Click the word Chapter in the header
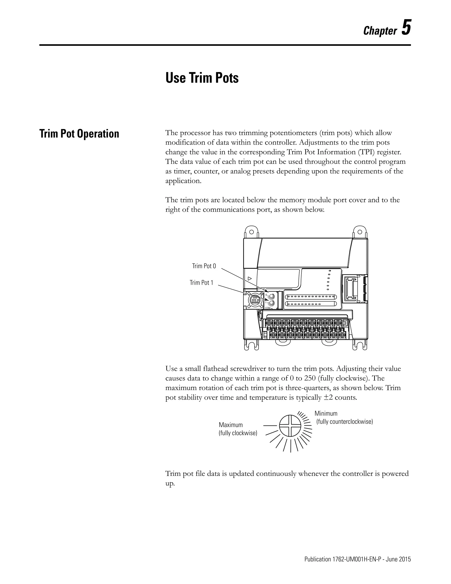point(380,31)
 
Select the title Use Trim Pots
point(202,78)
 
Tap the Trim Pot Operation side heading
point(79,134)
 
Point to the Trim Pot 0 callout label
point(204,266)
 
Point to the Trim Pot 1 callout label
point(201,283)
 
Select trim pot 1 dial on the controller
point(272,303)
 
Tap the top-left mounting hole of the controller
point(251,232)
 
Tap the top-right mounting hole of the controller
point(360,232)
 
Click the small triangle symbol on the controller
point(250,278)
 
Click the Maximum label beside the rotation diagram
point(231,425)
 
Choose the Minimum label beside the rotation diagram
point(326,413)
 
